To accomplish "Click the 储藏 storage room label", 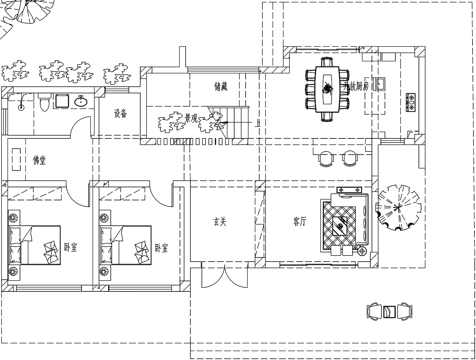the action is (221, 86).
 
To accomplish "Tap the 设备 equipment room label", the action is (120, 113).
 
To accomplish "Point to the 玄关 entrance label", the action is (220, 222).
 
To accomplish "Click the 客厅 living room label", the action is (300, 222).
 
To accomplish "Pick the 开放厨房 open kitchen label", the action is (356, 86).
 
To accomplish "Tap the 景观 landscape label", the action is (191, 118).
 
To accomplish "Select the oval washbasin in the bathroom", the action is (81, 101).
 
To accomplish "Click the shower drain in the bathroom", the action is (21, 107).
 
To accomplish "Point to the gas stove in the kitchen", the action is (411, 102).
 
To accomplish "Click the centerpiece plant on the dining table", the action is (327, 89).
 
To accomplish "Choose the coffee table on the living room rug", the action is (340, 226).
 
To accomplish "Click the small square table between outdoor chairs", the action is (389, 312).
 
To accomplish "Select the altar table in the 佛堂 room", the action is (16, 159).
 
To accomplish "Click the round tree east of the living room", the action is (398, 208).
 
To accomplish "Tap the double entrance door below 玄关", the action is (224, 275).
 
